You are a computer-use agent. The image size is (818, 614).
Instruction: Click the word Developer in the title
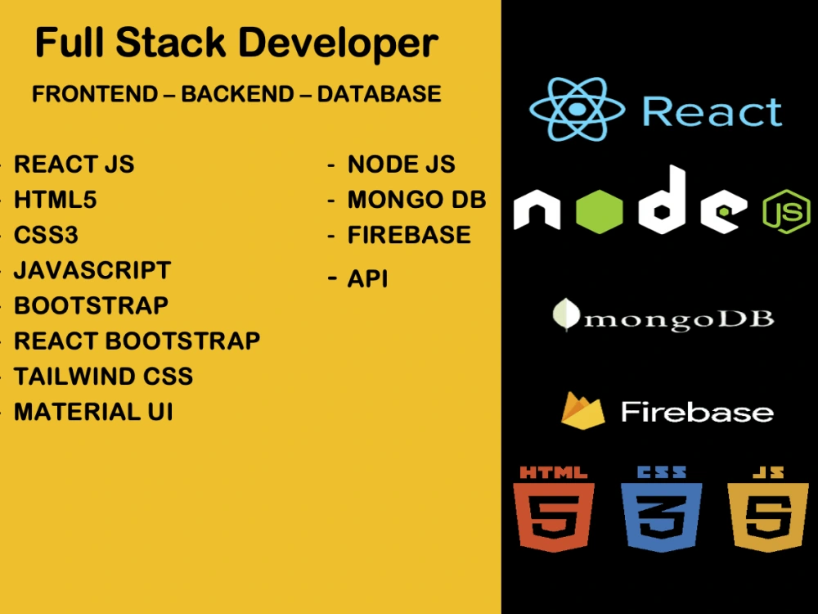pos(339,44)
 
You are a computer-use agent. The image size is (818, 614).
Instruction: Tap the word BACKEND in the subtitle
pos(237,94)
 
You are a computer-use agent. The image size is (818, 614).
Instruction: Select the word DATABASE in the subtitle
pos(380,94)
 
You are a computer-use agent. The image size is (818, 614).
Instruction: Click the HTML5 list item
pos(56,200)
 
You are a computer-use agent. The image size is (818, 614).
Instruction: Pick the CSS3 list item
pos(46,235)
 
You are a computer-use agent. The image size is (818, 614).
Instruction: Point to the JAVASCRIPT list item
pos(92,270)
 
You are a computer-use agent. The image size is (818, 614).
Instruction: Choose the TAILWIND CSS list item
pos(103,377)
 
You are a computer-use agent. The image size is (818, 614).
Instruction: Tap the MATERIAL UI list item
pos(93,412)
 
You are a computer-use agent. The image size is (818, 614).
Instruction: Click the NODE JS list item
pos(401,164)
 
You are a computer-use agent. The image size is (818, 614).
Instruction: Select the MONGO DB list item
pos(417,200)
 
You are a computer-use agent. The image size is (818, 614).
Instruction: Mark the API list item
pos(368,279)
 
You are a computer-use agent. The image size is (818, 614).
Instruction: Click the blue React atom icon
pos(577,109)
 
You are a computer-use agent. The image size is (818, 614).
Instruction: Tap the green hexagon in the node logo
pos(600,211)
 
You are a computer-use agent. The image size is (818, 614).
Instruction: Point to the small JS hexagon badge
pos(787,211)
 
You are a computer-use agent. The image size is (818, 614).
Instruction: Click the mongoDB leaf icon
pos(565,315)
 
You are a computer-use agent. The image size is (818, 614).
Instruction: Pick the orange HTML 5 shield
pos(554,509)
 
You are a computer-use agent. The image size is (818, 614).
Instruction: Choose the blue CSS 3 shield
pos(661,509)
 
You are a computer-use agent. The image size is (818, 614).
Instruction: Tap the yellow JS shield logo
pos(768,509)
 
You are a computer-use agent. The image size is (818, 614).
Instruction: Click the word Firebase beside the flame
pos(697,412)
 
